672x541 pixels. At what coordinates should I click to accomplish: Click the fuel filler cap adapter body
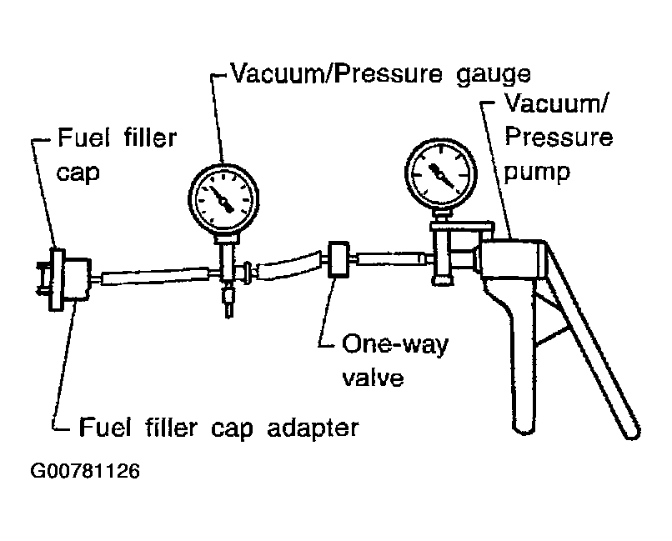coord(78,278)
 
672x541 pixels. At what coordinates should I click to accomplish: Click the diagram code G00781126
coord(85,472)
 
